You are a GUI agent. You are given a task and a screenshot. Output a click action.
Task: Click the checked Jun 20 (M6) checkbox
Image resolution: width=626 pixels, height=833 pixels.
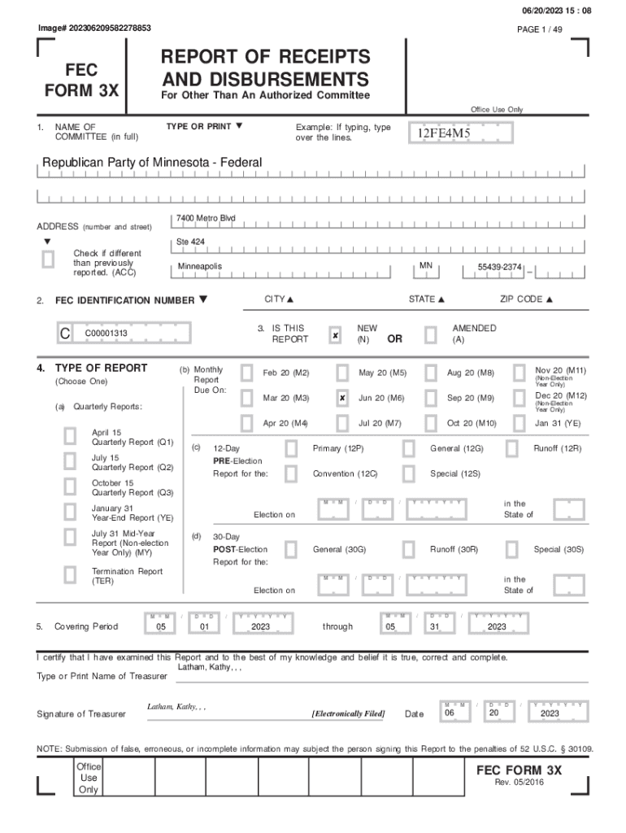click(342, 399)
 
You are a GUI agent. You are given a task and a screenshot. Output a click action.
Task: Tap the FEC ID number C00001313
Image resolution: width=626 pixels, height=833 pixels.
click(106, 334)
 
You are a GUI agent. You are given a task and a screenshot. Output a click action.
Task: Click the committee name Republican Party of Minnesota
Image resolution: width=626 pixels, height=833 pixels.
click(152, 163)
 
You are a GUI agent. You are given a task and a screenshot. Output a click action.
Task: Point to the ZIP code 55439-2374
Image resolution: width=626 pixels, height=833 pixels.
click(499, 268)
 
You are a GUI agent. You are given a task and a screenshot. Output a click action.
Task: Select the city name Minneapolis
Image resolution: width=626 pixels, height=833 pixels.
click(200, 268)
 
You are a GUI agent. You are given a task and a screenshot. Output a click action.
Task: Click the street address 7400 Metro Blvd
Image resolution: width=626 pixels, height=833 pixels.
click(206, 220)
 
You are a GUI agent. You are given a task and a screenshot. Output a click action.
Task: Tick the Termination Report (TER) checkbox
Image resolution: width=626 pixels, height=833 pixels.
click(71, 575)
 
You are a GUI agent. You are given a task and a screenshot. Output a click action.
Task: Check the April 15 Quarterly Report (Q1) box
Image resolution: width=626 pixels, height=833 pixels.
click(71, 437)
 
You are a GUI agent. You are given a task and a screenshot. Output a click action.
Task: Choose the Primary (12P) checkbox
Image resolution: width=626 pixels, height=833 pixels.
click(291, 449)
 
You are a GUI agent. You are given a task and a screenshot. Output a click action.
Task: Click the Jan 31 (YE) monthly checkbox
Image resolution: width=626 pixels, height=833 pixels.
click(519, 424)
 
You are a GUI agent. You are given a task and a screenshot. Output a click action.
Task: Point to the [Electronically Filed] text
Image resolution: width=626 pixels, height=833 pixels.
click(348, 714)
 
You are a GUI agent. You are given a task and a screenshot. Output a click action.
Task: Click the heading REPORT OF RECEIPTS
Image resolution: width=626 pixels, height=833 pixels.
click(265, 58)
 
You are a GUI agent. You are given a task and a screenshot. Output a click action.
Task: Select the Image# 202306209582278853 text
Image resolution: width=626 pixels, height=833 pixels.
click(94, 28)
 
